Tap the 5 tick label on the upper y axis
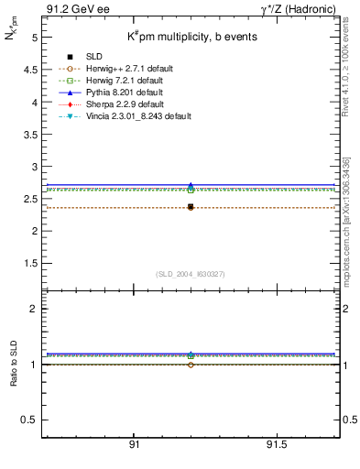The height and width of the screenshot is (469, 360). point(33,38)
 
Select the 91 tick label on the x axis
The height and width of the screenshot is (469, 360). point(134,444)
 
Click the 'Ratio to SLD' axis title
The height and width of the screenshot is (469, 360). point(13,365)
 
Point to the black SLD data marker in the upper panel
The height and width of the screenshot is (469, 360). point(191,207)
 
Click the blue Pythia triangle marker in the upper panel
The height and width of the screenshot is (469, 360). point(191,186)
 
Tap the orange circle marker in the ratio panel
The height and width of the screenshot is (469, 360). point(191,365)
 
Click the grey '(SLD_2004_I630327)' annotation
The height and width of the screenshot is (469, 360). point(191,273)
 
